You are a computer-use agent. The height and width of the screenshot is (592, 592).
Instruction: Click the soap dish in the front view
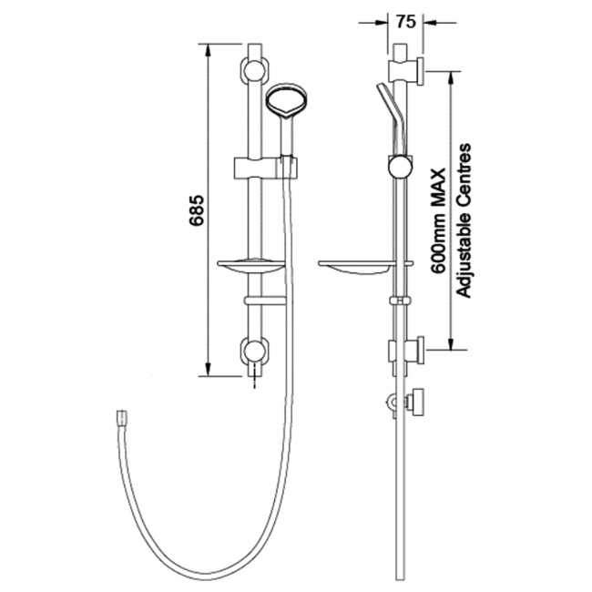pyautogui.click(x=252, y=267)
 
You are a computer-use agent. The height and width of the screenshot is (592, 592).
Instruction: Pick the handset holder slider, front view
pyautogui.click(x=260, y=166)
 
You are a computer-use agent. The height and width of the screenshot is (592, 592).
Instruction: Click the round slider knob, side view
pyautogui.click(x=398, y=166)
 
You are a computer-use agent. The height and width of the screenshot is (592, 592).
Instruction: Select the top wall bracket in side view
pyautogui.click(x=405, y=71)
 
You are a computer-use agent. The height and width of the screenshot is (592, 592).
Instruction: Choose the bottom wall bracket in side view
pyautogui.click(x=406, y=351)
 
